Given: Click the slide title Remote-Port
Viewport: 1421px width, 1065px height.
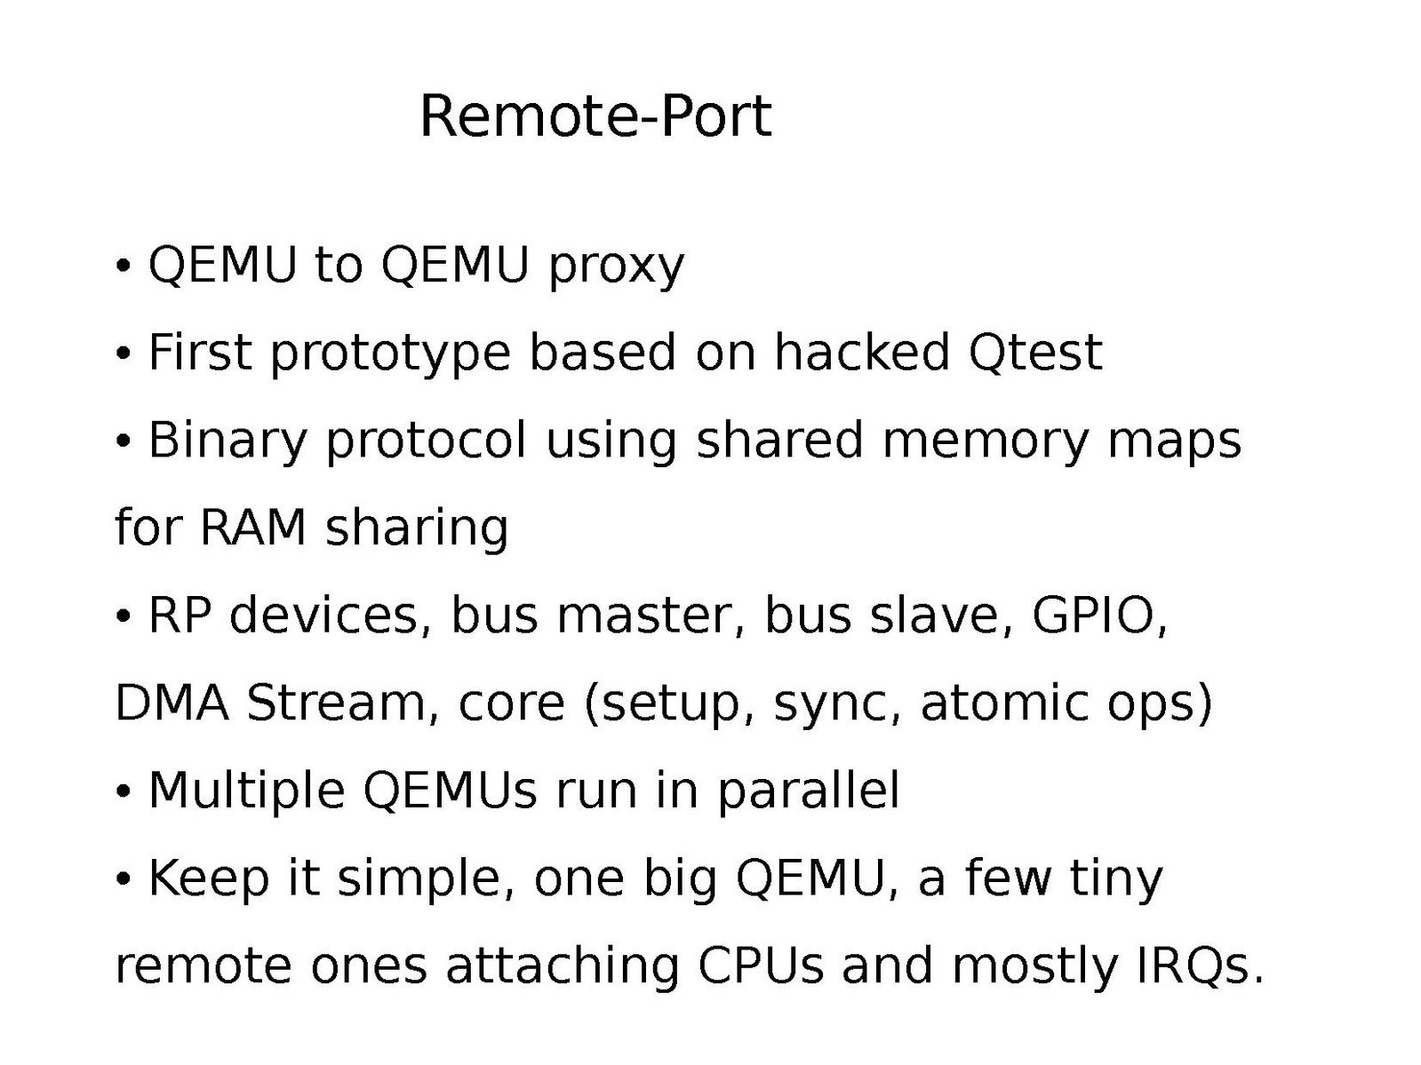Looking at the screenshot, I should pos(595,116).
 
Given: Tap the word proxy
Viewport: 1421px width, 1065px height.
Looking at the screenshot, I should pos(617,266).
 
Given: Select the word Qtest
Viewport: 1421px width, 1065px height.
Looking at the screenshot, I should pos(1034,352).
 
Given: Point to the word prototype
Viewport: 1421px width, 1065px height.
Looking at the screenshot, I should pos(390,354).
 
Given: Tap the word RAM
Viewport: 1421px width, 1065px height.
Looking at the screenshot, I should pos(253,527).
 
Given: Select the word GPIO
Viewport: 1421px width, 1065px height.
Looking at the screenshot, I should pos(1098,615).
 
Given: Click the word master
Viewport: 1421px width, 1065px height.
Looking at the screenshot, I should pos(643,615).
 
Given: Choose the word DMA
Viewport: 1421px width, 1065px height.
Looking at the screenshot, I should pos(172,703).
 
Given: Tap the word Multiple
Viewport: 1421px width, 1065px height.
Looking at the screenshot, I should pos(246,791).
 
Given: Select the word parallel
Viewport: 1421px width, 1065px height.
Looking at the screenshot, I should pos(808,791).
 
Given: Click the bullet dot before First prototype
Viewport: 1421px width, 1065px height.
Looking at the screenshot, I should pos(124,354).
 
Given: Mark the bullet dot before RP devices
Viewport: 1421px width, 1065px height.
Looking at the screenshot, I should pos(124,616).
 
